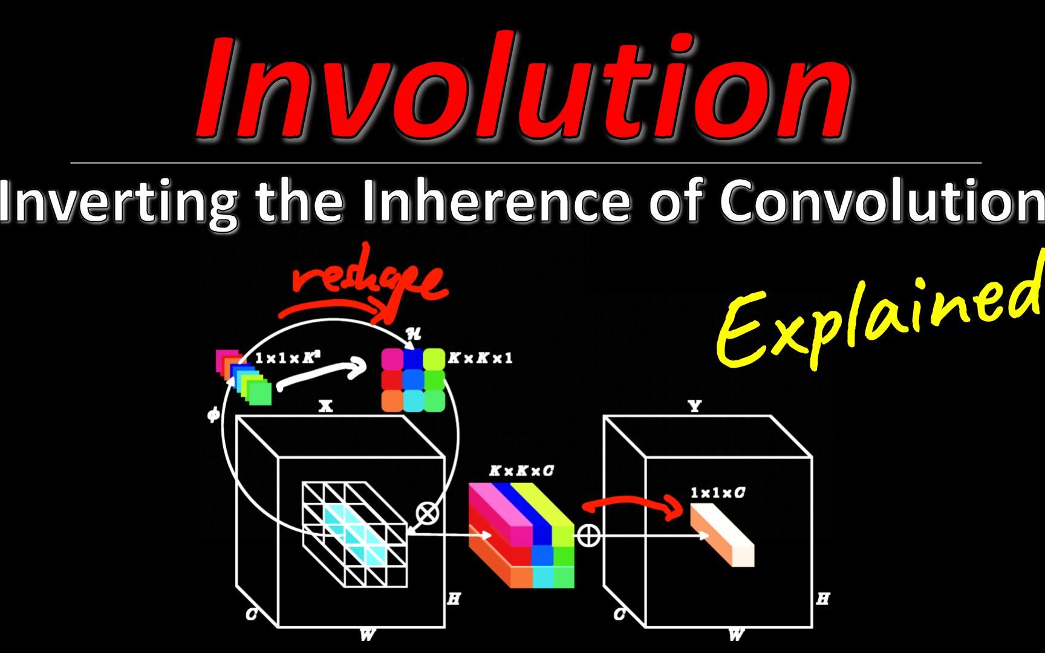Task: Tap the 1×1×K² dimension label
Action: pyautogui.click(x=288, y=358)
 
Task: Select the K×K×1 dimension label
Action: pyautogui.click(x=480, y=358)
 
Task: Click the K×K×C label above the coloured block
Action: pyautogui.click(x=521, y=471)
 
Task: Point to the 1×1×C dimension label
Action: pyautogui.click(x=717, y=493)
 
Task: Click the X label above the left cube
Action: pyautogui.click(x=326, y=406)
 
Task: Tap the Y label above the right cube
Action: pyautogui.click(x=695, y=406)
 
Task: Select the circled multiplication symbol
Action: pyautogui.click(x=428, y=514)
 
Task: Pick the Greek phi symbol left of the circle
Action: pyautogui.click(x=213, y=415)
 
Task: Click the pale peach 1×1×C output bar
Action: pyautogui.click(x=723, y=535)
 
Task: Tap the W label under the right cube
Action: pyautogui.click(x=736, y=635)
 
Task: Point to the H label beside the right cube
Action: pyautogui.click(x=822, y=599)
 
